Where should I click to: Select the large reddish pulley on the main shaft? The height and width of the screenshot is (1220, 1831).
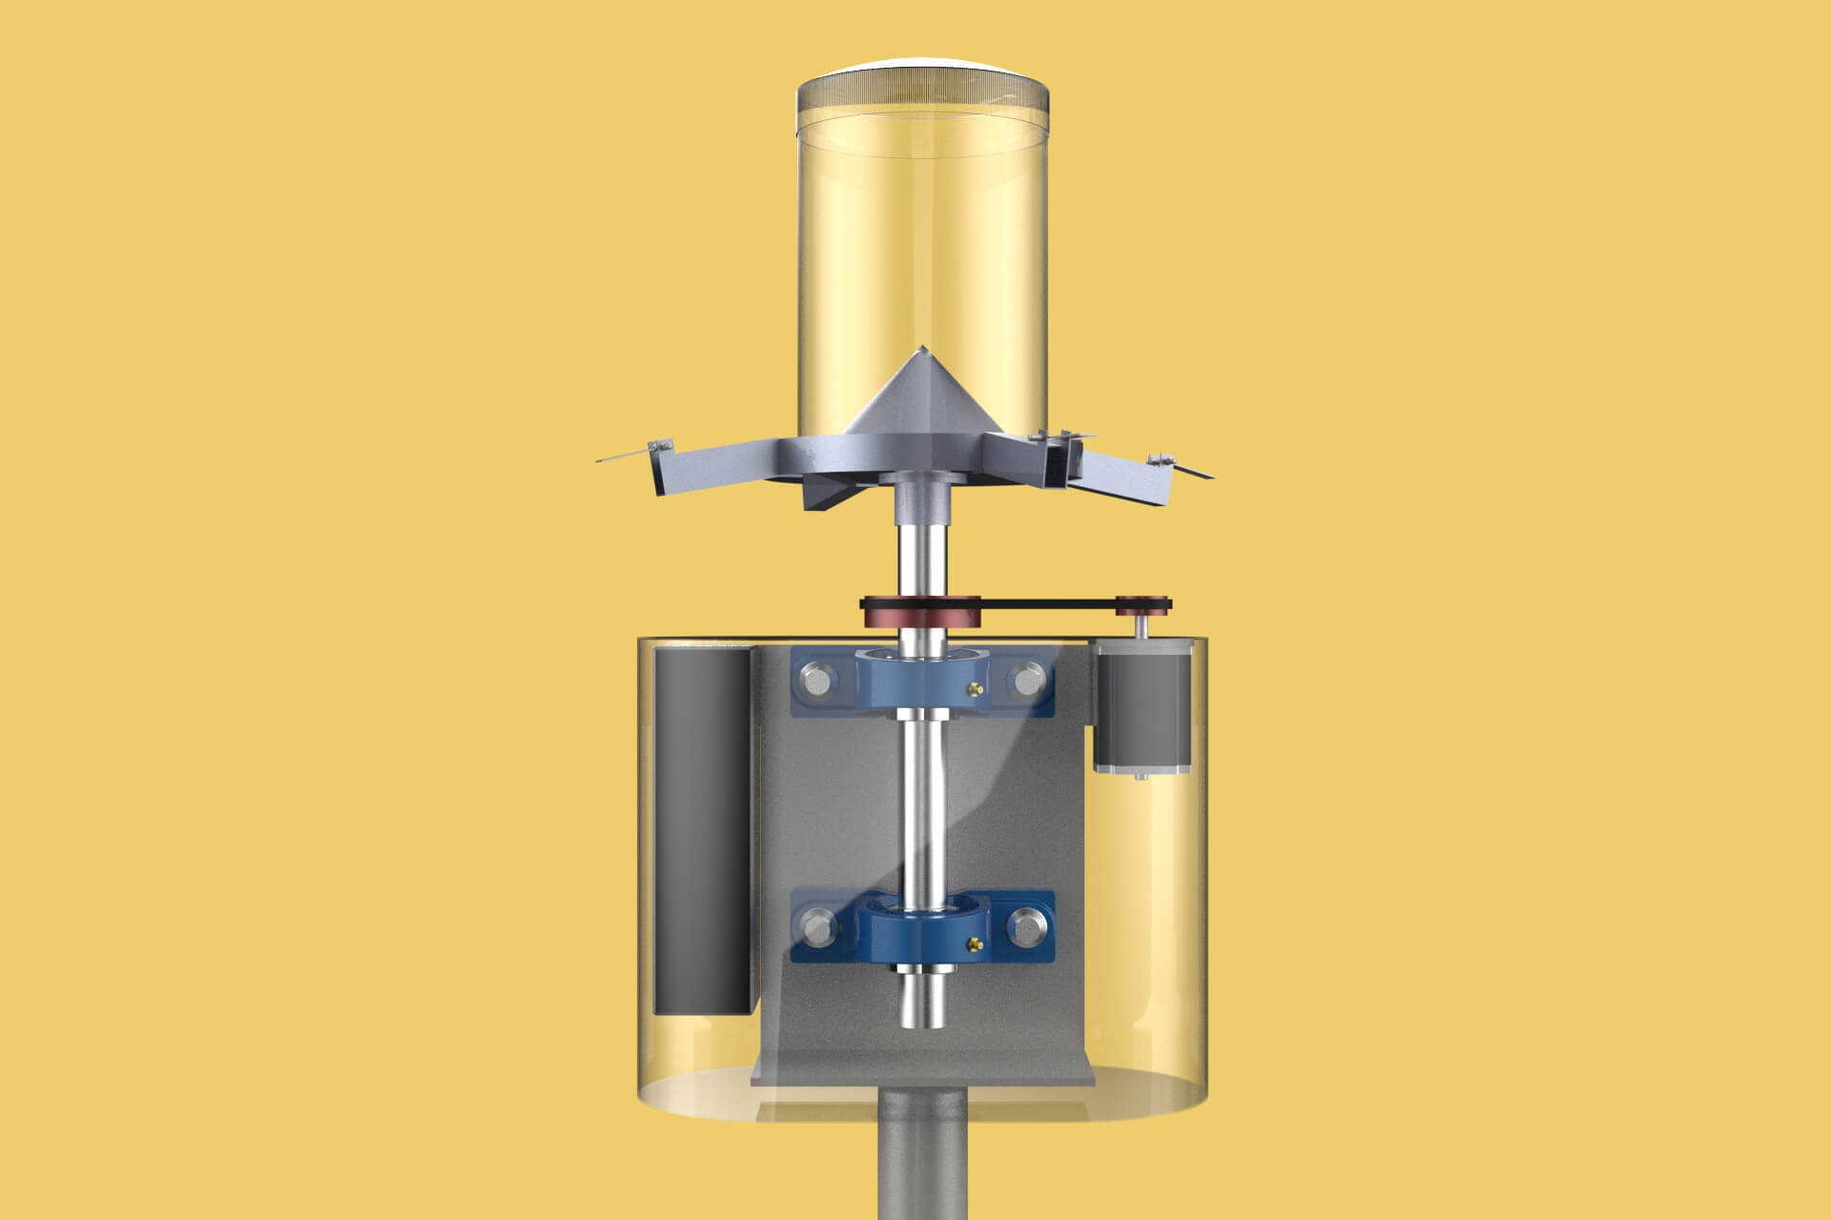(x=920, y=612)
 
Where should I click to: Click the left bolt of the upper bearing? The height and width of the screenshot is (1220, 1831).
(x=815, y=681)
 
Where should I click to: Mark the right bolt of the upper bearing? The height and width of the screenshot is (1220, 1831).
(x=1027, y=681)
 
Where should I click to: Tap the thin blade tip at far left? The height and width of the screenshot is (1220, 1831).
(x=599, y=461)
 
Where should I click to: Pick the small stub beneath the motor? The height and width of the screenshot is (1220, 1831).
(x=1140, y=777)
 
